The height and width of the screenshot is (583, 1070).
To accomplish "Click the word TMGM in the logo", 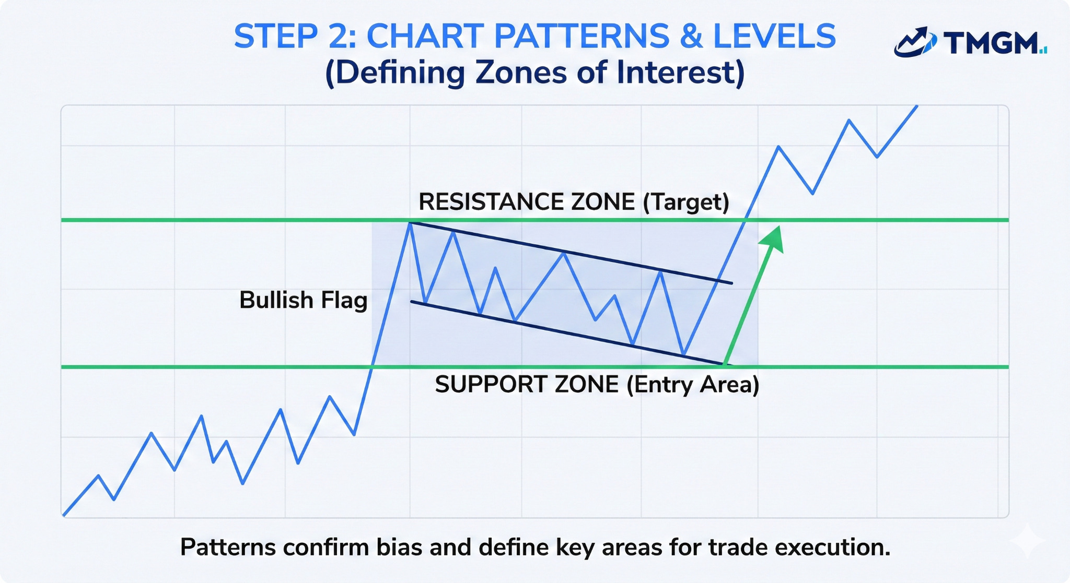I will coord(990,43).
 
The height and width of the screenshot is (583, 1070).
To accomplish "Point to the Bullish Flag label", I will coord(303,300).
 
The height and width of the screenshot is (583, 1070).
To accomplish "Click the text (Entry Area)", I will coord(693,385).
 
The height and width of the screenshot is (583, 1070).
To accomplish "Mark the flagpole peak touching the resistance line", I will coord(410,223).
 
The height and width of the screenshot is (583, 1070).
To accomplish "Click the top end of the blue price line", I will coord(916,106).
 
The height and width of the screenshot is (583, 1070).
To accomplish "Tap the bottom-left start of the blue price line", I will coord(64,515).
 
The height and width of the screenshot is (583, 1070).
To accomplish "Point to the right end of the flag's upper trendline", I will coord(731,283).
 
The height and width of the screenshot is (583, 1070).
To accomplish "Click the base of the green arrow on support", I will coord(725,363).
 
